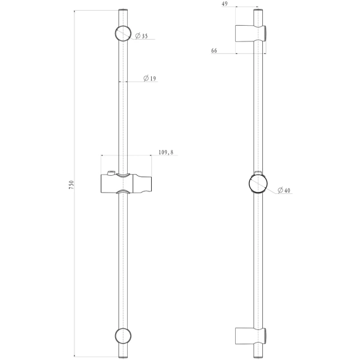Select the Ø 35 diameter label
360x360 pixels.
[x=142, y=37]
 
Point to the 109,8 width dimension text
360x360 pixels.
[x=166, y=153]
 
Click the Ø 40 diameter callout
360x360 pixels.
[x=284, y=191]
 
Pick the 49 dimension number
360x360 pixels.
[x=225, y=4]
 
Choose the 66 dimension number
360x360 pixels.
[x=214, y=51]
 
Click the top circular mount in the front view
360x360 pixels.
[x=123, y=32]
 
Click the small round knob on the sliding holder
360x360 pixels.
[x=110, y=175]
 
